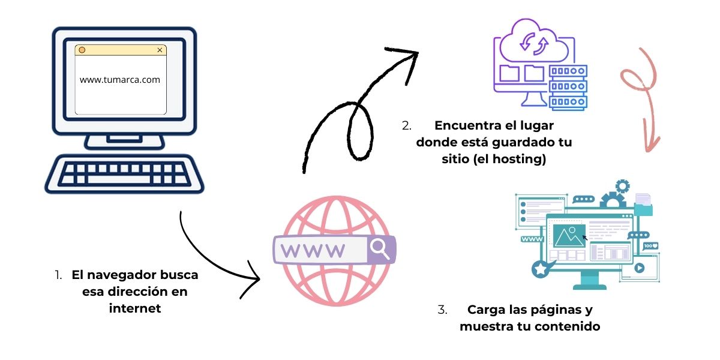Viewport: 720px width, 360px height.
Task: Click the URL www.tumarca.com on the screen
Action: (x=120, y=79)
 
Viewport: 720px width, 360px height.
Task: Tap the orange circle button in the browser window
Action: (x=82, y=50)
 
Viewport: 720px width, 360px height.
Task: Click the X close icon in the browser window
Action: (x=160, y=50)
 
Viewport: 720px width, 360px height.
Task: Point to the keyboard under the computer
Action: (x=124, y=174)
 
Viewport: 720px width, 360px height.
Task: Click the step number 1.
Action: (x=58, y=275)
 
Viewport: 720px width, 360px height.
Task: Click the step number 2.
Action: (x=407, y=127)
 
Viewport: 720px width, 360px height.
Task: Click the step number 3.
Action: (x=442, y=310)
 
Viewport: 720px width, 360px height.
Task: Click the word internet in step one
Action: (x=135, y=308)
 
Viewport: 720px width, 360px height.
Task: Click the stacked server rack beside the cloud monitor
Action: (x=568, y=87)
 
